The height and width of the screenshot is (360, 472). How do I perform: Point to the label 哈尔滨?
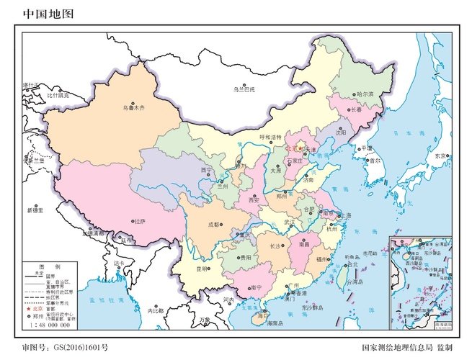click(366, 94)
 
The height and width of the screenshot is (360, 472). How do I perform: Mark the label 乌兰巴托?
click(244, 89)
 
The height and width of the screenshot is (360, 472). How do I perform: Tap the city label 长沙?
click(277, 246)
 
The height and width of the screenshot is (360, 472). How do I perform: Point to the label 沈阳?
click(341, 133)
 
